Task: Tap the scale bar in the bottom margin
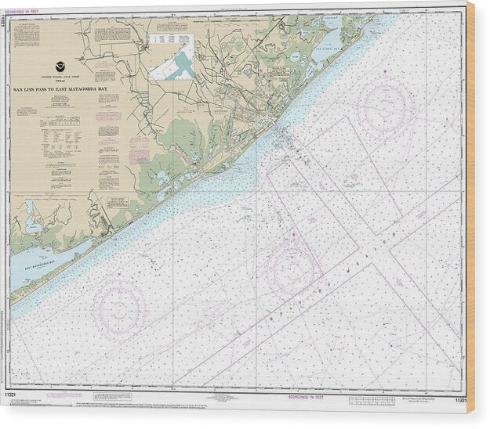[x=373, y=400]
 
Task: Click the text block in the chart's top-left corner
[x=27, y=34]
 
